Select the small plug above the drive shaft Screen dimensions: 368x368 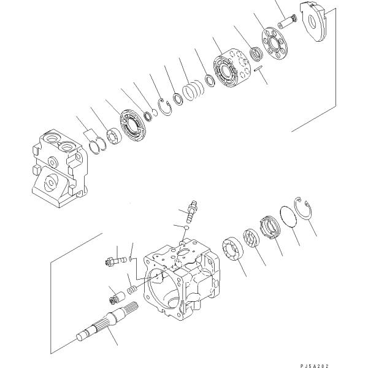click(115, 297)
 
